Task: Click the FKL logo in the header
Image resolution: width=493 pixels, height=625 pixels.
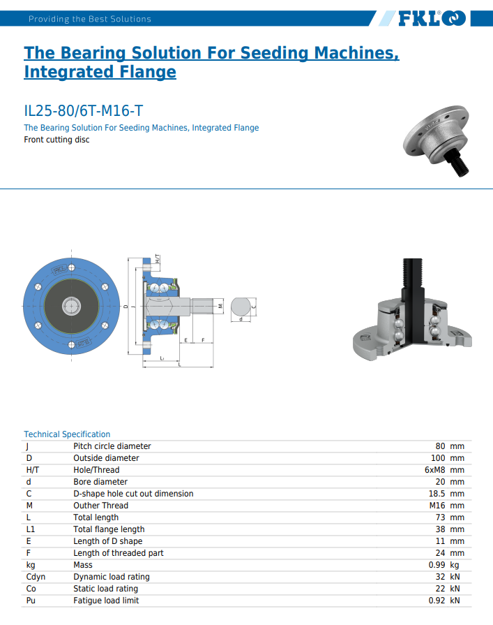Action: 432,18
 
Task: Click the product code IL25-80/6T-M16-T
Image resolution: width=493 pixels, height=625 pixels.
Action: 83,111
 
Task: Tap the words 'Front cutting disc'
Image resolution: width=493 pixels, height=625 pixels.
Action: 56,140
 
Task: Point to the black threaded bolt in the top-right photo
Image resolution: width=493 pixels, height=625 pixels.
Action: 457,163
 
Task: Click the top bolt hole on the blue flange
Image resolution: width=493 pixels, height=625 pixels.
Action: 72,267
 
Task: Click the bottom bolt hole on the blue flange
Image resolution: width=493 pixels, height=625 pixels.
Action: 72,345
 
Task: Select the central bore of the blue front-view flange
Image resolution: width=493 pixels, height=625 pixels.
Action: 72,306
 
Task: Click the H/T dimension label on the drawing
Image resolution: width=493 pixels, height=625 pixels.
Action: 157,259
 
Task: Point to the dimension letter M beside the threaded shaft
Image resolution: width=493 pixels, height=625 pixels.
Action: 221,306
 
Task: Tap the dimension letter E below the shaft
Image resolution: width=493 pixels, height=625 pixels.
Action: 185,340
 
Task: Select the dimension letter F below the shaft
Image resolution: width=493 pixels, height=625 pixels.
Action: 203,340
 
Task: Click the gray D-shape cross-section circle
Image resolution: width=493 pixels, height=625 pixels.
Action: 241,307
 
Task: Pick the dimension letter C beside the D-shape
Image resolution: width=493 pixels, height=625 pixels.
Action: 254,307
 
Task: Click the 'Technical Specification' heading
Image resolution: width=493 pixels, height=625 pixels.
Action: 67,434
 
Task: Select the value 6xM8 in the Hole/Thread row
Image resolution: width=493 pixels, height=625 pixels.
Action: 434,470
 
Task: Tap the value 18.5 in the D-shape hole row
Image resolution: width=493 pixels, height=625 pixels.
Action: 437,494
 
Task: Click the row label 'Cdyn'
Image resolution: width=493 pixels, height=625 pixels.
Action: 36,577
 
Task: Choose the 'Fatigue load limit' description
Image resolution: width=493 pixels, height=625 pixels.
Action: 106,601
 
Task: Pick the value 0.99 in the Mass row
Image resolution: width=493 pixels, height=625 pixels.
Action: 437,565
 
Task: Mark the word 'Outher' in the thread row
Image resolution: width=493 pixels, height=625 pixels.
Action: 86,506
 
